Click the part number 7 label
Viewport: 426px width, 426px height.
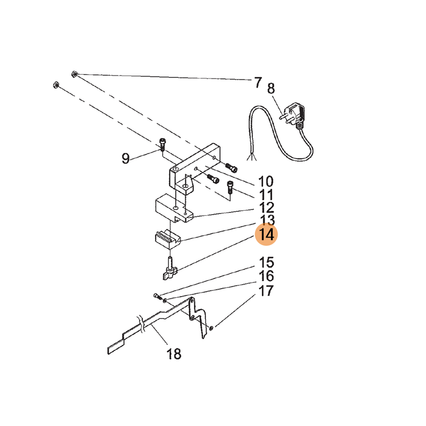tap(258, 83)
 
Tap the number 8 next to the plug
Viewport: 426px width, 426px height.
tap(271, 88)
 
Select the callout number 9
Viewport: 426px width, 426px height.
tap(125, 158)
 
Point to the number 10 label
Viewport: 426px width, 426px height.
tap(265, 182)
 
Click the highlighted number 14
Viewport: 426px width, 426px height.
tap(266, 234)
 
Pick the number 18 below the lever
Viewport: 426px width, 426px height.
tap(174, 354)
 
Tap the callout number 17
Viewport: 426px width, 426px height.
tap(266, 291)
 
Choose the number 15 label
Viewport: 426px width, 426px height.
tap(266, 263)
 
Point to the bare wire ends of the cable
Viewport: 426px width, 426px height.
tap(251, 157)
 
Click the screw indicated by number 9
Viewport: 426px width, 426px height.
tap(162, 144)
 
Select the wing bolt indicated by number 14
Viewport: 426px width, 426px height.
tap(170, 269)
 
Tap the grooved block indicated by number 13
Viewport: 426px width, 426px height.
tap(168, 239)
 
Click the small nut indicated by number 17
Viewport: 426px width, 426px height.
tap(211, 328)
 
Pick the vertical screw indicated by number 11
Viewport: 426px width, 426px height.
tap(230, 187)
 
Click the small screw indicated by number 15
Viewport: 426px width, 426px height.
tap(157, 296)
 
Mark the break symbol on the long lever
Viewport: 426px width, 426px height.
tap(141, 324)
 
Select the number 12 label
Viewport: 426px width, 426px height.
tap(266, 208)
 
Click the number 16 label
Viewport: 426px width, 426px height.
tap(266, 276)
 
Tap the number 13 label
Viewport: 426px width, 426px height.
tap(267, 220)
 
